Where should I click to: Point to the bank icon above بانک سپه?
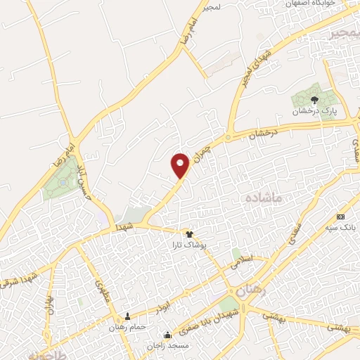[x=341, y=217]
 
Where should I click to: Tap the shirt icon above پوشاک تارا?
[x=188, y=233]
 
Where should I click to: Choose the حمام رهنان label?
[x=127, y=327]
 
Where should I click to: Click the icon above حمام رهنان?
[x=127, y=316]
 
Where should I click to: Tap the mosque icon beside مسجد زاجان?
[x=167, y=335]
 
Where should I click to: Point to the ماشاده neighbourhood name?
[x=262, y=200]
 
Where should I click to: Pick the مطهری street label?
[x=101, y=288]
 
